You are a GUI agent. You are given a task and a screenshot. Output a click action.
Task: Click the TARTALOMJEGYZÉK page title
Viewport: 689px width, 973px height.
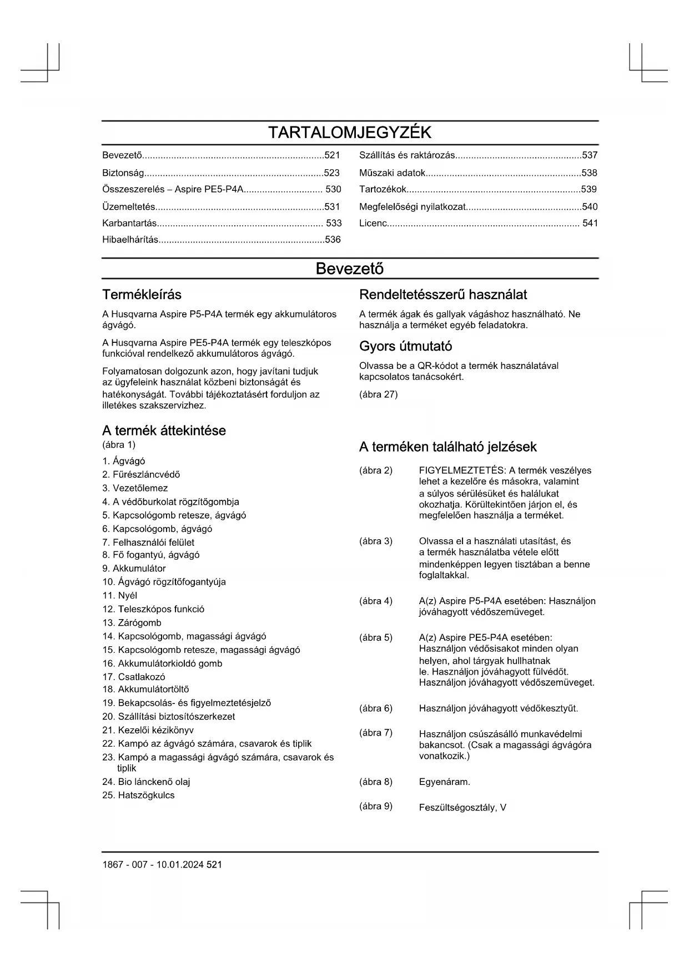[350, 133]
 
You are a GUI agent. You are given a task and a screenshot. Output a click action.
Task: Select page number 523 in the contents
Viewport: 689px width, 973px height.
[331, 173]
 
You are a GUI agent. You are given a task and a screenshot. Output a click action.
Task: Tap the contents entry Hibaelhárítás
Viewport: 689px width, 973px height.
[130, 240]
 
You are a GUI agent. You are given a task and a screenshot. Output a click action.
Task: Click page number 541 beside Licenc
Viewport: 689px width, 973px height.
[590, 224]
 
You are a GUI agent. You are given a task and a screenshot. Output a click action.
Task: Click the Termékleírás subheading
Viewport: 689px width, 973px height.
[142, 295]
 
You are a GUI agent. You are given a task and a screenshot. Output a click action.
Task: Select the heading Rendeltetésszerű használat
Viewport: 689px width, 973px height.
[443, 295]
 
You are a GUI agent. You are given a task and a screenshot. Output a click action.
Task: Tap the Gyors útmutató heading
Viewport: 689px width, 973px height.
[405, 346]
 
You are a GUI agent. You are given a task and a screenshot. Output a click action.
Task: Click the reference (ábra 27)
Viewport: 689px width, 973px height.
[378, 394]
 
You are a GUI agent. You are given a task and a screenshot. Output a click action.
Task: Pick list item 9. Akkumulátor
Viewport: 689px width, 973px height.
[134, 568]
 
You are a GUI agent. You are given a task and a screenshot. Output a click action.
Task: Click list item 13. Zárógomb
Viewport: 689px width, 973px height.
[132, 622]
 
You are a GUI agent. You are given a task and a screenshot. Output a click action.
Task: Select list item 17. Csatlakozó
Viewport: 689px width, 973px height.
[134, 677]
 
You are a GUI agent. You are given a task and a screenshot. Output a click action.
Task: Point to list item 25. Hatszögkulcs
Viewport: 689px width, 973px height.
[138, 795]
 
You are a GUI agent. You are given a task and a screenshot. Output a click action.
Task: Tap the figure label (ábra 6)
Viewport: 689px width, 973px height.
[376, 708]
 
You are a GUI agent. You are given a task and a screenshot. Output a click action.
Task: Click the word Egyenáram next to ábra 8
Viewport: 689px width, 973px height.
[444, 782]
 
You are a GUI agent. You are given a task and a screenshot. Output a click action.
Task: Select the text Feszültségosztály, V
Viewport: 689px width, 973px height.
[462, 807]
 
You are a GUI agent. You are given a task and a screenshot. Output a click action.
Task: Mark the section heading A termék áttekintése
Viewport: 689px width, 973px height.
[164, 430]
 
